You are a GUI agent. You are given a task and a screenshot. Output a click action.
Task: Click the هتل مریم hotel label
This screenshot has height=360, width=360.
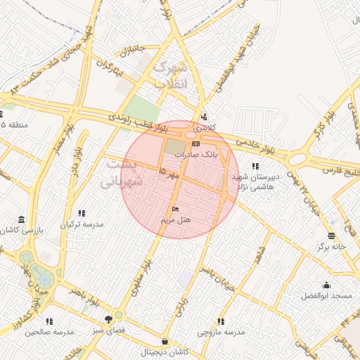click(176, 220)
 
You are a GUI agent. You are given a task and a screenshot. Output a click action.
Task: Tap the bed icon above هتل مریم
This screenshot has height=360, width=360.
click(176, 210)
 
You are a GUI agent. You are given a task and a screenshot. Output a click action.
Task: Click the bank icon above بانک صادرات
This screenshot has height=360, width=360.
click(195, 143)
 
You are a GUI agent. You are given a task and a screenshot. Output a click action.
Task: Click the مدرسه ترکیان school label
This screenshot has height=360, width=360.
click(81, 224)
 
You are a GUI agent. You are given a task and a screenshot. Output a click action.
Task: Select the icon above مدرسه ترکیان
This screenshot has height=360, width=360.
click(82, 213)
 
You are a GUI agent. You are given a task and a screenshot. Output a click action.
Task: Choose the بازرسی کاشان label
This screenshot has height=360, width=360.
click(21, 230)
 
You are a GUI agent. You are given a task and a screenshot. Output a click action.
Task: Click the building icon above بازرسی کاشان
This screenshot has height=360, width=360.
click(22, 219)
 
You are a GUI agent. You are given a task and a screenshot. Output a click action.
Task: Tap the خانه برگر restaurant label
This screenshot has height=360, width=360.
click(331, 247)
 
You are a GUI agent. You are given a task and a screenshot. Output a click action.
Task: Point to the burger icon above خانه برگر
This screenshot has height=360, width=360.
click(331, 236)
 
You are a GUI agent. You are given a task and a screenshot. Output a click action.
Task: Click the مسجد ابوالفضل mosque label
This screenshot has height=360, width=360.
click(326, 297)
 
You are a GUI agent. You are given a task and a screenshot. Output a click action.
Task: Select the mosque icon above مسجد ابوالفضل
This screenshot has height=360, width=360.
click(326, 285)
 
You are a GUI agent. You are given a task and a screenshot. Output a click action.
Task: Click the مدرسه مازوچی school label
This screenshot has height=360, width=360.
click(221, 332)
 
